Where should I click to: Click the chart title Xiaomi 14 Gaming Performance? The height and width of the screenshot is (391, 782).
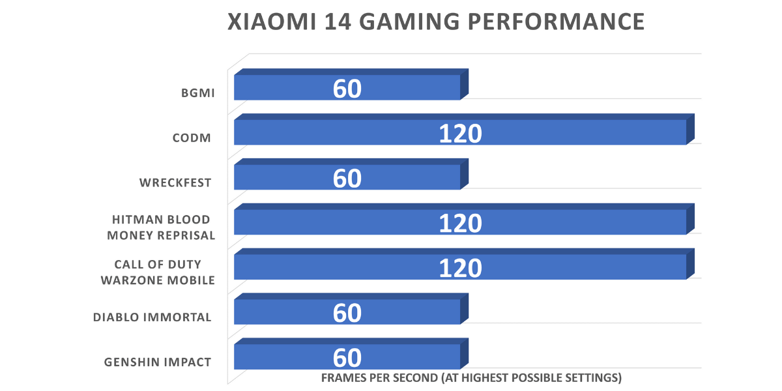pyautogui.click(x=436, y=22)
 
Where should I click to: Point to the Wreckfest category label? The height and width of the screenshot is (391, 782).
pyautogui.click(x=175, y=182)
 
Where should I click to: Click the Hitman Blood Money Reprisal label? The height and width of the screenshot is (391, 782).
pyautogui.click(x=161, y=227)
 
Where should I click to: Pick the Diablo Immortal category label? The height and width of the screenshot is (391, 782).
pyautogui.click(x=152, y=317)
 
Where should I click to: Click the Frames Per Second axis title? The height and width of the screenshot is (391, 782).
pyautogui.click(x=471, y=378)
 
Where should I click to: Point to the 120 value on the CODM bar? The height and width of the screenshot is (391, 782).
pyautogui.click(x=459, y=134)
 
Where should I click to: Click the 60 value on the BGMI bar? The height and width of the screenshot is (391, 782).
pyautogui.click(x=347, y=89)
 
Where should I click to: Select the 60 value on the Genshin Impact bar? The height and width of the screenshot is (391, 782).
pyautogui.click(x=347, y=358)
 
